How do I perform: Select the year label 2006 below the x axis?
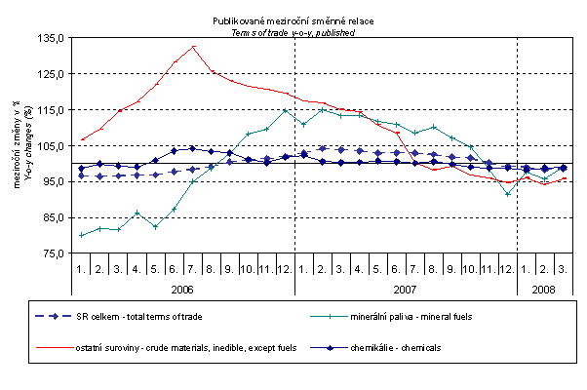click(182, 290)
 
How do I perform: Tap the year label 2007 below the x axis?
click(405, 290)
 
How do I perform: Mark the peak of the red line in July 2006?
click(193, 47)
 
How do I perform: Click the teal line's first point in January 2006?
click(82, 235)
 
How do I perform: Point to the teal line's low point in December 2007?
click(507, 194)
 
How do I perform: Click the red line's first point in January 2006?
click(82, 139)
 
